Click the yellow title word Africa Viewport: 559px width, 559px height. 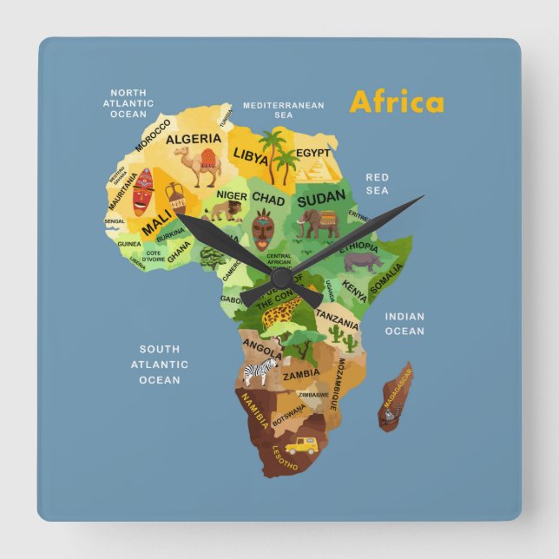coord(396,102)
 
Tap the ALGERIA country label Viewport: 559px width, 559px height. coord(194,139)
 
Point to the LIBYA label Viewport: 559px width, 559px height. coord(250,155)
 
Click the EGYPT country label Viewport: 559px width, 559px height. coord(313,154)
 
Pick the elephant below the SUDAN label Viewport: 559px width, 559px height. coord(317,225)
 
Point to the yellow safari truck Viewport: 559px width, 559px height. coord(301,445)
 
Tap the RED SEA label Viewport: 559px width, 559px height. coord(377,183)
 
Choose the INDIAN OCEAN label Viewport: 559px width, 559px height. coord(404,324)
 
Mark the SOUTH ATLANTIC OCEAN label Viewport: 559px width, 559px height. coord(160,365)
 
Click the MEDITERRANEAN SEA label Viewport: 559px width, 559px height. coord(283,110)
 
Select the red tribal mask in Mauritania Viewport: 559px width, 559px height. coord(142,192)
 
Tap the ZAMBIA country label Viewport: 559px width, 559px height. coord(301,374)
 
